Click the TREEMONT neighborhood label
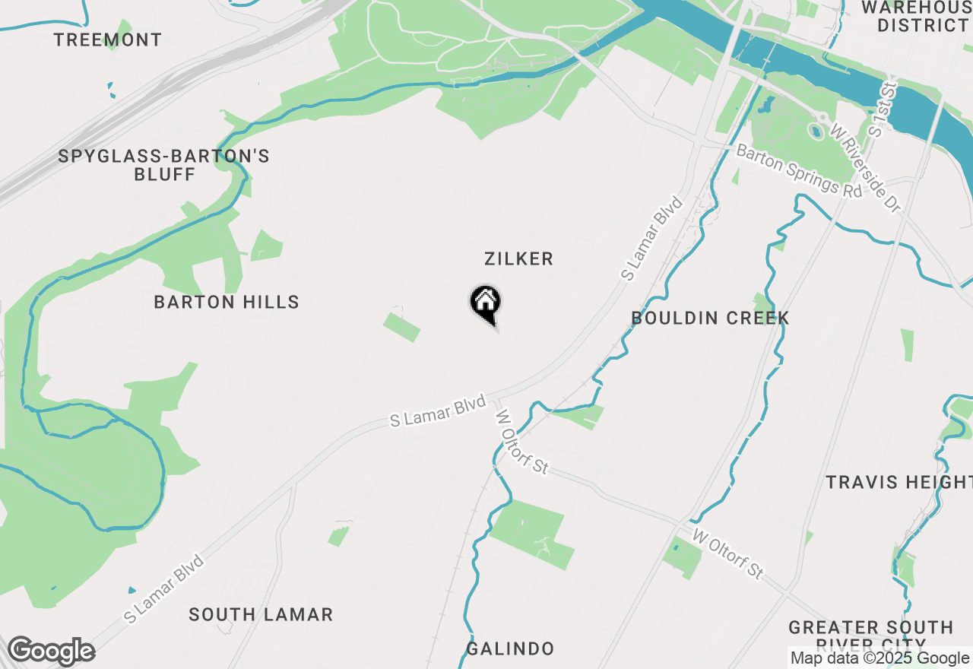point(108,40)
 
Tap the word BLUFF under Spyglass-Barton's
point(164,175)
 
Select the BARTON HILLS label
point(227,303)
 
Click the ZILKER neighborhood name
point(518,259)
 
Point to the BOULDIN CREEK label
point(710,319)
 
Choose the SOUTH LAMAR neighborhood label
point(261,614)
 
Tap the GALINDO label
point(509,649)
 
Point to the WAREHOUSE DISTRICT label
point(916,17)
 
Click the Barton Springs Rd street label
point(799,171)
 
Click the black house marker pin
point(484,303)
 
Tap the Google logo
point(51,652)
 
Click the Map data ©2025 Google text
point(880,658)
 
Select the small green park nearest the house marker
point(401,327)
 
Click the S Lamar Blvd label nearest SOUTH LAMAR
point(165,590)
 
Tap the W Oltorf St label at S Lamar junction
point(521,442)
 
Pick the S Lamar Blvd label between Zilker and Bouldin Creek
point(651,239)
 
